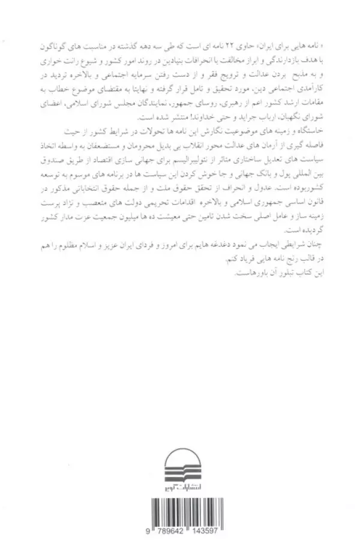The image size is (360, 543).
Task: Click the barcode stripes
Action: pyautogui.click(x=180, y=515)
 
